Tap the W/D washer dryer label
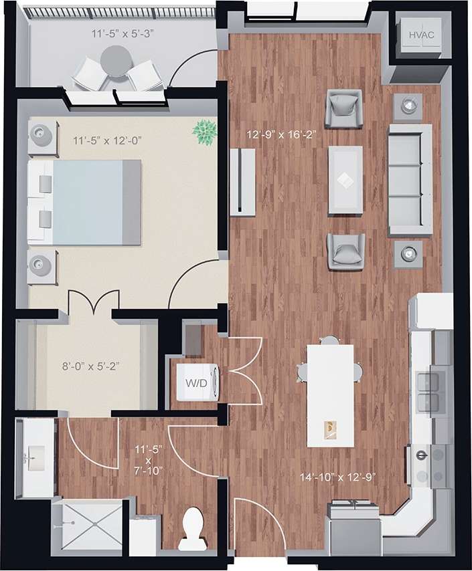[197, 384]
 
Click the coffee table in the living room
[345, 180]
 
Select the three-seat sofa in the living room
[409, 179]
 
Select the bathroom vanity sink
[33, 458]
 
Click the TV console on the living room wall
[242, 181]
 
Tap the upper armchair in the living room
[344, 108]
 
